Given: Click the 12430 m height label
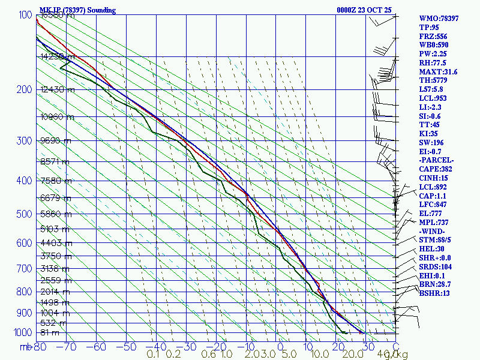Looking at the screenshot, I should click(x=58, y=90).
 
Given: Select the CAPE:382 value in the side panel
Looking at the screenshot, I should click(x=436, y=169).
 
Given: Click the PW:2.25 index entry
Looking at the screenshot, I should click(x=433, y=53).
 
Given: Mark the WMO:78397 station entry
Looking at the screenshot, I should click(x=439, y=19).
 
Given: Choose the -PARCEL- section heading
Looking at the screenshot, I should click(x=437, y=160).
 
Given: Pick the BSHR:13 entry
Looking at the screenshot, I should click(x=434, y=293).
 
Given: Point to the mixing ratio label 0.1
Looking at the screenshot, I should click(x=153, y=354).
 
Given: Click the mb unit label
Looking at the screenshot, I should click(x=25, y=346).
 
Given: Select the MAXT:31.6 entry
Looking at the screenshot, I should click(x=438, y=71).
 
